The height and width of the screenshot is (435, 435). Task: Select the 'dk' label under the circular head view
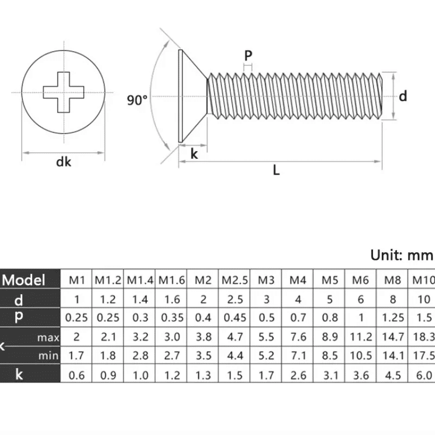point(64,162)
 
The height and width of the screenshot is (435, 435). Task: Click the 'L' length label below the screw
point(276,171)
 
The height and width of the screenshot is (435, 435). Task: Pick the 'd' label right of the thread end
point(403,96)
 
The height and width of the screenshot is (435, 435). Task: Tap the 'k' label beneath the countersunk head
point(194,154)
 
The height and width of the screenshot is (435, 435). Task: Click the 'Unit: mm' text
point(402,254)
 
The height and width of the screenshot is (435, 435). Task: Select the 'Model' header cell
point(24,280)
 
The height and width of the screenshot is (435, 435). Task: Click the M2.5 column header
point(234,281)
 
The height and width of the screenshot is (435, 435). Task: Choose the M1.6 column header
point(171,281)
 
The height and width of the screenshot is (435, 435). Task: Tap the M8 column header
point(392,281)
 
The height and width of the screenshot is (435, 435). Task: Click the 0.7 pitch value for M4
point(298,318)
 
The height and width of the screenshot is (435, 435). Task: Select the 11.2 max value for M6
point(361,337)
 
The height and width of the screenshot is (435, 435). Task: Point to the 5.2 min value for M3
point(266,356)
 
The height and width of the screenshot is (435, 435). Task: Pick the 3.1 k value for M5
point(330,375)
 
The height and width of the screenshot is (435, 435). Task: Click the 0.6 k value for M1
point(76,375)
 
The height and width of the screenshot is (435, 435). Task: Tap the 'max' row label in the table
point(48,338)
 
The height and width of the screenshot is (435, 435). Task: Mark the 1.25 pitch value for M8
point(392,318)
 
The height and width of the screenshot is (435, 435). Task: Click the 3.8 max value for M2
point(203,337)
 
